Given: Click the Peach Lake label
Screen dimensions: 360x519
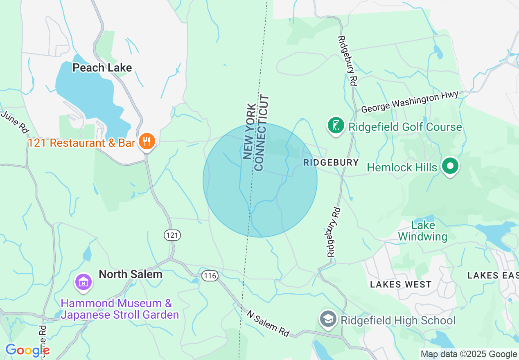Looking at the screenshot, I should pyautogui.click(x=102, y=67).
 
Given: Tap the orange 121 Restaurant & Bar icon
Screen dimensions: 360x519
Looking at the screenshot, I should pyautogui.click(x=147, y=142).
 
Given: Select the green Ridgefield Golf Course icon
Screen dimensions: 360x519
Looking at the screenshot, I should pyautogui.click(x=336, y=126).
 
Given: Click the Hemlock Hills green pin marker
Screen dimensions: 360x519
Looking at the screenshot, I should pyautogui.click(x=450, y=166).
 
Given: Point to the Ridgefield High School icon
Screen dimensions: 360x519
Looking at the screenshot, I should pyautogui.click(x=328, y=320).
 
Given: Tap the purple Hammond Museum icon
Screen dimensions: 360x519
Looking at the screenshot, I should pyautogui.click(x=83, y=282).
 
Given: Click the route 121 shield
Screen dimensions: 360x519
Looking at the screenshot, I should pyautogui.click(x=172, y=235).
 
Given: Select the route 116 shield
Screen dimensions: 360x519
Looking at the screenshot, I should pyautogui.click(x=210, y=276).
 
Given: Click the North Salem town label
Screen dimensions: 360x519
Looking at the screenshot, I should pyautogui.click(x=131, y=274).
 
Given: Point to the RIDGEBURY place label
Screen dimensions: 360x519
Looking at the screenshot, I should pyautogui.click(x=331, y=162).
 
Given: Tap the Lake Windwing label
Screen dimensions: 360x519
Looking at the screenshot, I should pyautogui.click(x=422, y=231).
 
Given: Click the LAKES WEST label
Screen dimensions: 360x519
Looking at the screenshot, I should pyautogui.click(x=400, y=284).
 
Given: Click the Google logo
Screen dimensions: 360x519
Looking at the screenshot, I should pyautogui.click(x=27, y=351).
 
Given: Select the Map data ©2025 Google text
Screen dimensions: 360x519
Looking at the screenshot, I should pyautogui.click(x=469, y=354).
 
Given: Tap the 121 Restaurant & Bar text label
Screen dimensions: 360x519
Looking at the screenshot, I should pyautogui.click(x=81, y=143).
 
